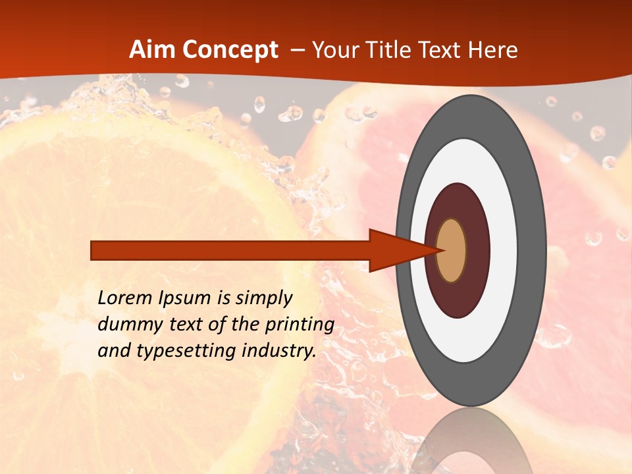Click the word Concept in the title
(x=230, y=50)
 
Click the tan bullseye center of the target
(x=451, y=250)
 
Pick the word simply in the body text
(x=263, y=299)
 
